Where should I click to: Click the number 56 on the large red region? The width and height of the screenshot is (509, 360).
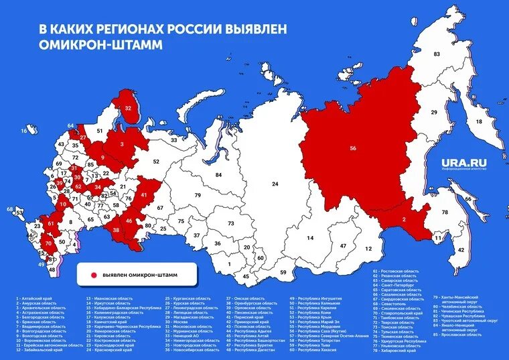click(353, 149)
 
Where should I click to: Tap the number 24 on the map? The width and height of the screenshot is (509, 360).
click(275, 184)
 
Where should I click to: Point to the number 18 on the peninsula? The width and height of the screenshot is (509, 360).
click(479, 121)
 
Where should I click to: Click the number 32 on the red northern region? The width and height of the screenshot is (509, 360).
click(128, 108)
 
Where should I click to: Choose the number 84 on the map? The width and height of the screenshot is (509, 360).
click(218, 175)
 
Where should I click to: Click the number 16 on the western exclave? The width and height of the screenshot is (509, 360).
click(24, 131)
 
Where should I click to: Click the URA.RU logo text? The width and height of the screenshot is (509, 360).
click(463, 162)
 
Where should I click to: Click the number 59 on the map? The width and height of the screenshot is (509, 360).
click(284, 272)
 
